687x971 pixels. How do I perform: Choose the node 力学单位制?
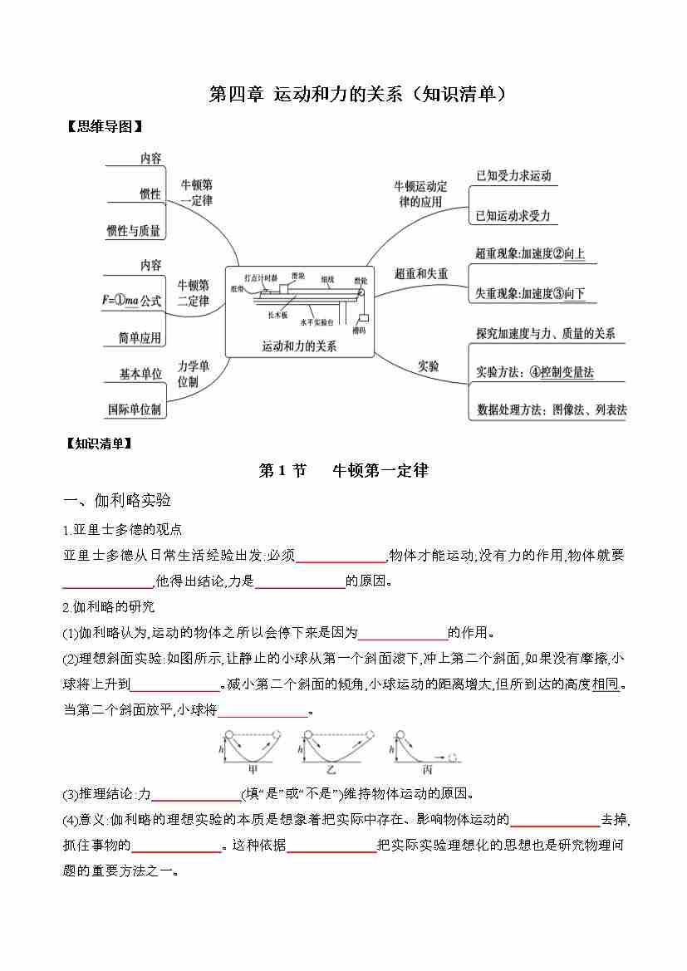point(193,374)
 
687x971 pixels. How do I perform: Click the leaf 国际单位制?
point(135,409)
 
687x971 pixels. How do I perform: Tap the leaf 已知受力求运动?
point(513,175)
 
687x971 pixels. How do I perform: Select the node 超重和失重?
point(421,273)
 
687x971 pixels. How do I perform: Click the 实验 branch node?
point(429,365)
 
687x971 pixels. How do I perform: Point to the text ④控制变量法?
point(561,373)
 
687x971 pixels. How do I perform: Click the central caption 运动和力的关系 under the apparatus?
point(299,346)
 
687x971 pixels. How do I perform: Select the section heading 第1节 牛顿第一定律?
point(343,470)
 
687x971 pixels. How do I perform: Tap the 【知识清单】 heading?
point(98,444)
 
